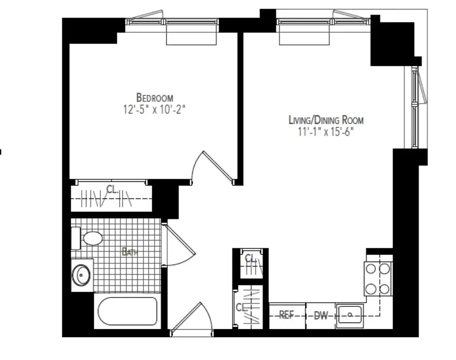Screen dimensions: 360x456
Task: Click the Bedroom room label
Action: [154, 97]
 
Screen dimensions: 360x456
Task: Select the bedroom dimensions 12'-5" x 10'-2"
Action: [154, 109]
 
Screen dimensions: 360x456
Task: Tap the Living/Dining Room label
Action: [326, 120]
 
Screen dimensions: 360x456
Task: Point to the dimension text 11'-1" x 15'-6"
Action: [326, 132]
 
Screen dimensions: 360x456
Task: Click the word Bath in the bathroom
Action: [130, 252]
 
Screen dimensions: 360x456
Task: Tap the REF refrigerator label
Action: [287, 315]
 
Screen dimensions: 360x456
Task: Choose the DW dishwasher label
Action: [321, 315]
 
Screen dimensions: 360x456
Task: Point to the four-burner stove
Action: [378, 279]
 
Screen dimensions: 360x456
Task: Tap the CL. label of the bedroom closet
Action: [112, 189]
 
